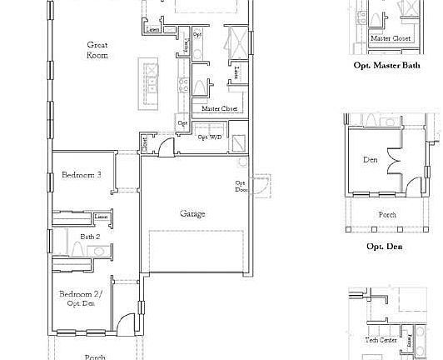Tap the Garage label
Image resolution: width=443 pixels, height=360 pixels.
[192, 213]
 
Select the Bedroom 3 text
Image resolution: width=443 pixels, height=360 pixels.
[82, 175]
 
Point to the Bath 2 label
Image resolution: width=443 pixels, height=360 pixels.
[90, 237]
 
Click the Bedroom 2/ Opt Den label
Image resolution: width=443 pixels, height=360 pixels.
[81, 298]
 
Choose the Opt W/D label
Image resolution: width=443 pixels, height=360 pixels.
[208, 137]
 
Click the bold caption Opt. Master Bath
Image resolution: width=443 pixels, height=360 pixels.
[386, 64]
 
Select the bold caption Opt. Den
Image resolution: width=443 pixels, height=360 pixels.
[384, 247]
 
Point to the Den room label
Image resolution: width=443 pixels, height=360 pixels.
[371, 159]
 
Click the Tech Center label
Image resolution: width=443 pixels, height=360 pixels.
[381, 340]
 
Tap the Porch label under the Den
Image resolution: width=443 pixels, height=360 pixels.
[388, 214]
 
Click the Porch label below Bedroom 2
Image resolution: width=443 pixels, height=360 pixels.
[96, 357]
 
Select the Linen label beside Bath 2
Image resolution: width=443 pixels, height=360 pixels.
[101, 217]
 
